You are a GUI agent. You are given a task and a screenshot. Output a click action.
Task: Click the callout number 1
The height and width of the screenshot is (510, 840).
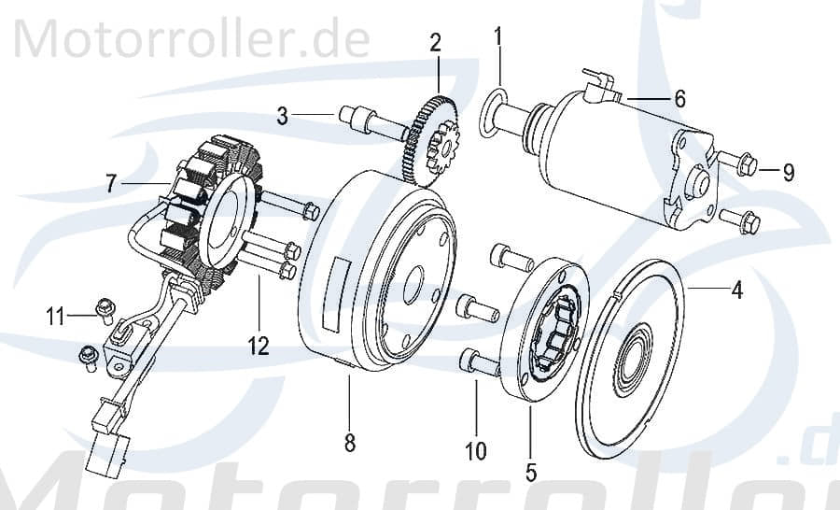[x=498, y=37]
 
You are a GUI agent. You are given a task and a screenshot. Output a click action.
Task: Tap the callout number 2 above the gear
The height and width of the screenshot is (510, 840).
[x=435, y=42]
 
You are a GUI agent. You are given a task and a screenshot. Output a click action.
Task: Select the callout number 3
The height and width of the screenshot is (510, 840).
[x=283, y=116]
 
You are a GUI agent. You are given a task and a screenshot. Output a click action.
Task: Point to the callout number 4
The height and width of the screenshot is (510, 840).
[x=736, y=290]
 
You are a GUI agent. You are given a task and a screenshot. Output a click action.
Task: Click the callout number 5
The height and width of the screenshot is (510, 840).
[x=531, y=472]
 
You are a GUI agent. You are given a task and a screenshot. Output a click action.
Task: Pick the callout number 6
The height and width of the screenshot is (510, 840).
[x=679, y=98]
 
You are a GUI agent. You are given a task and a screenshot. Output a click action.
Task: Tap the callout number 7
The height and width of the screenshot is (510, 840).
[x=111, y=184]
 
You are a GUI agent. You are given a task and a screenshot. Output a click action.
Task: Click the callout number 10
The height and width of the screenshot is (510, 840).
[x=476, y=452]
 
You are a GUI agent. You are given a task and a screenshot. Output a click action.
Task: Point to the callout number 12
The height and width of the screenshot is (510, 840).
[x=259, y=347]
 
